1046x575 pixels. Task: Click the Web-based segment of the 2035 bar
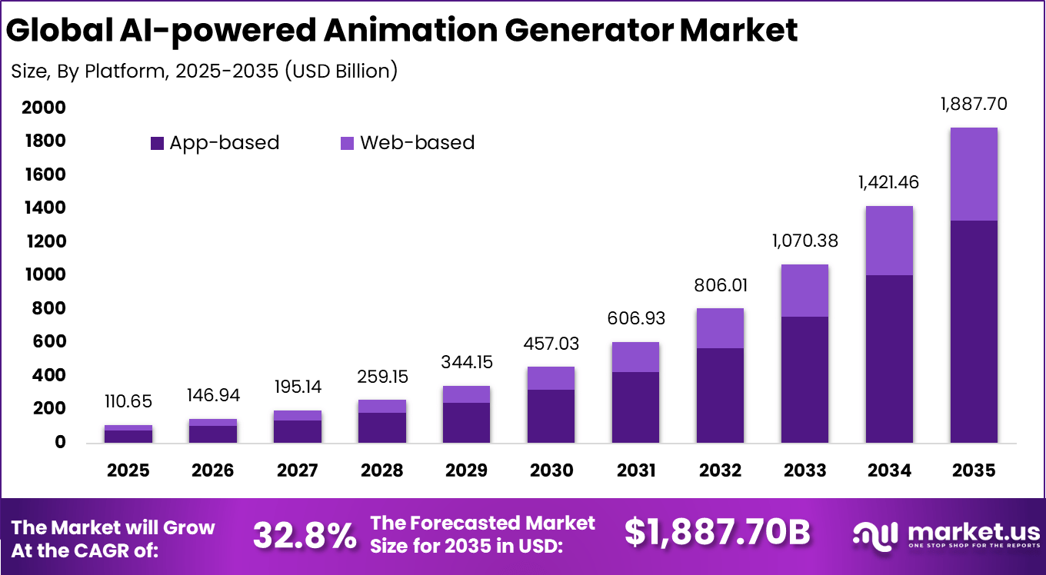pyautogui.click(x=974, y=174)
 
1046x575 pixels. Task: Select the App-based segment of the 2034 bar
pyautogui.click(x=889, y=358)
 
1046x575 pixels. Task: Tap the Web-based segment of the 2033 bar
pyautogui.click(x=804, y=291)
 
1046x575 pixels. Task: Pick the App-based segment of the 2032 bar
pyautogui.click(x=720, y=395)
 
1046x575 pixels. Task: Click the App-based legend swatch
pyautogui.click(x=157, y=143)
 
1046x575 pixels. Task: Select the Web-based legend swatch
pyautogui.click(x=347, y=143)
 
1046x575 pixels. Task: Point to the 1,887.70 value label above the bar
pyautogui.click(x=974, y=104)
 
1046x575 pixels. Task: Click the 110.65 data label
pyautogui.click(x=128, y=401)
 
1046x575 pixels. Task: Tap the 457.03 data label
pyautogui.click(x=551, y=343)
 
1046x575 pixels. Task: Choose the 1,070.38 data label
pyautogui.click(x=804, y=241)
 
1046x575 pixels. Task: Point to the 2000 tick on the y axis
pyautogui.click(x=43, y=108)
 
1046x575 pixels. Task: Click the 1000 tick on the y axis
pyautogui.click(x=43, y=275)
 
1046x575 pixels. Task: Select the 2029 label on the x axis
pyautogui.click(x=466, y=470)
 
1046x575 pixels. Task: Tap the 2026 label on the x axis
pyautogui.click(x=212, y=470)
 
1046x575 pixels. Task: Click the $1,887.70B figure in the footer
pyautogui.click(x=717, y=533)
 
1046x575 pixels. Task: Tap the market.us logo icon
pyautogui.click(x=877, y=534)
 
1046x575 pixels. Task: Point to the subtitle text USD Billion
pyautogui.click(x=341, y=71)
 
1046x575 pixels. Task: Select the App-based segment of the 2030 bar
pyautogui.click(x=551, y=416)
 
